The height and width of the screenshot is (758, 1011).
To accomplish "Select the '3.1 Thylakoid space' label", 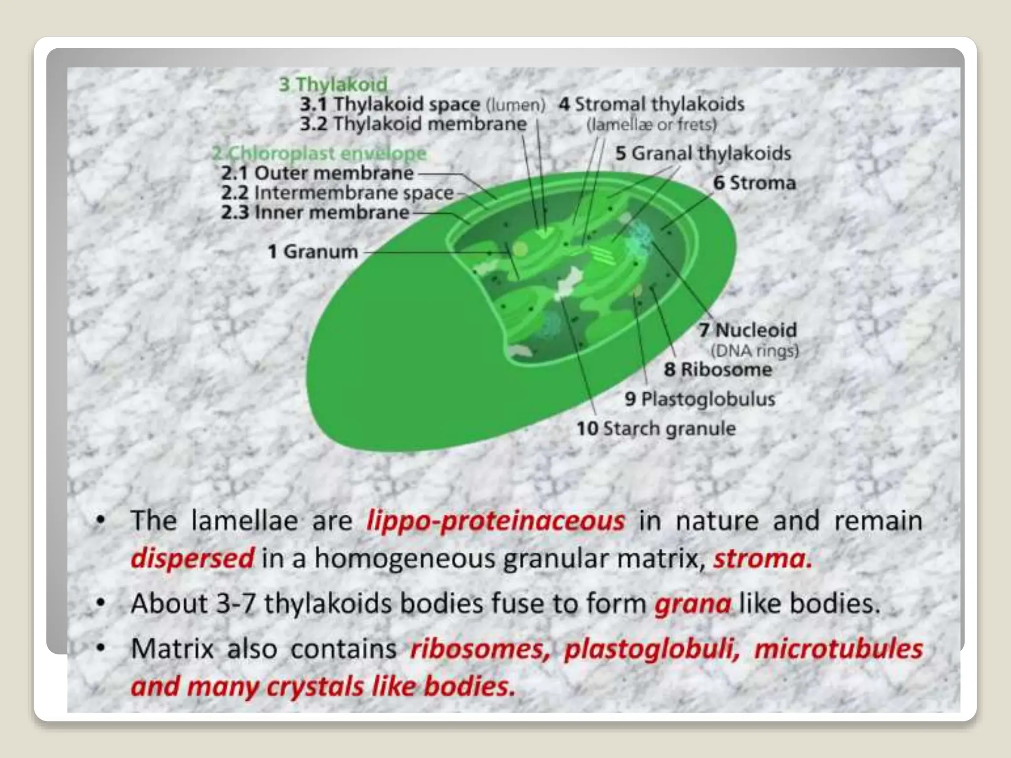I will (x=390, y=105).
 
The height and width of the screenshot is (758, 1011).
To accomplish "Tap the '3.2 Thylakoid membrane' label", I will (x=413, y=124).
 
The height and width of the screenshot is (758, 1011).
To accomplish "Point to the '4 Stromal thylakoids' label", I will (x=651, y=105).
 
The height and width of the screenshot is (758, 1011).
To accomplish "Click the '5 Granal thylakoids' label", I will (x=702, y=153).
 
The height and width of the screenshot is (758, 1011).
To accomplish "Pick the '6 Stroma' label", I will (x=754, y=183).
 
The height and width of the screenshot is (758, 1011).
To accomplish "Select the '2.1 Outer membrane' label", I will (x=317, y=173).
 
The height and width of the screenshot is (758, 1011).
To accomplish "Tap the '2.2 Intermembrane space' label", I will (x=337, y=193).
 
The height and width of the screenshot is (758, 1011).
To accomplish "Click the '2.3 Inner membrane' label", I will (x=315, y=213).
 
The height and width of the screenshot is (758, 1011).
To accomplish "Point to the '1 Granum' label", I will (x=313, y=252).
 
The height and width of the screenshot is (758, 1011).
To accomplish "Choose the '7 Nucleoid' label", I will (x=747, y=330).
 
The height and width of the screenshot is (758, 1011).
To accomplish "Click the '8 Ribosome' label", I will (x=718, y=370).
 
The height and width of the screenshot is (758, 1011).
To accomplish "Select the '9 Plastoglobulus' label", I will (x=700, y=399).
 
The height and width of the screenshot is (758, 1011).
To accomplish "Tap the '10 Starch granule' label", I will (x=656, y=428).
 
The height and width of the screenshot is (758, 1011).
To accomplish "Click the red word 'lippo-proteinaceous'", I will (x=496, y=521).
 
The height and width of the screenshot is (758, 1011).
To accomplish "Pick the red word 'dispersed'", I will (x=193, y=559).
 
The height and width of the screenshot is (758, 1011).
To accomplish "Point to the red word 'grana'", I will (x=693, y=604).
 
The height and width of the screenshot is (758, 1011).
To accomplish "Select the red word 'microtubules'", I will (x=838, y=649).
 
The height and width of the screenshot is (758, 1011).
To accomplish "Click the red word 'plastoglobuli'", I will (x=652, y=649).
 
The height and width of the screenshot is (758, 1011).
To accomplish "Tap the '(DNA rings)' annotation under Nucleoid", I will (x=754, y=351).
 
